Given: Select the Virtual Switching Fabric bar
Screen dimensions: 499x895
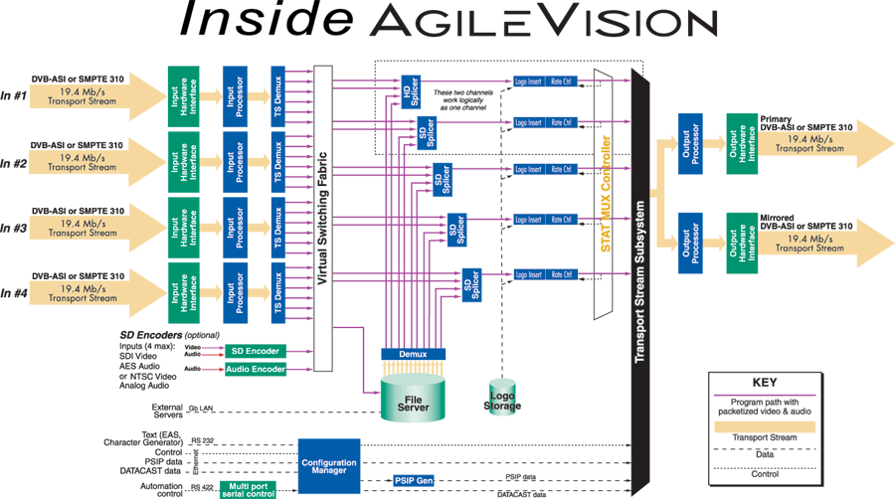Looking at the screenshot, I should pyautogui.click(x=322, y=219).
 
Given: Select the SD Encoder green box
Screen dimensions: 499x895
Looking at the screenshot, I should pyautogui.click(x=255, y=351).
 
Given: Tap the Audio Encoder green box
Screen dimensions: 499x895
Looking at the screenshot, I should pyautogui.click(x=255, y=369).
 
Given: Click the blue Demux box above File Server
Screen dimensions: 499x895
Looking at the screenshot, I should pyautogui.click(x=414, y=353).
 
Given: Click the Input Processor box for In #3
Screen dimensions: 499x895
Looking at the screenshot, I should pyautogui.click(x=235, y=227).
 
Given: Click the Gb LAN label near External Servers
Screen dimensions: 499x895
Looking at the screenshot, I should pyautogui.click(x=200, y=408).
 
